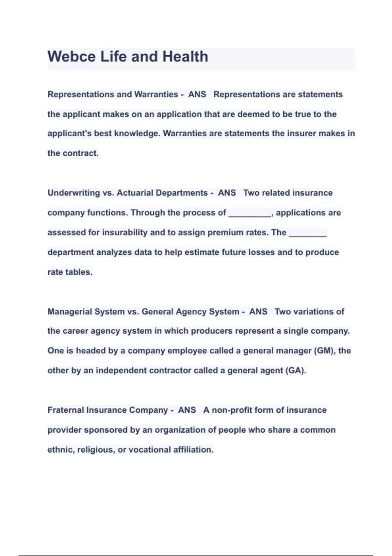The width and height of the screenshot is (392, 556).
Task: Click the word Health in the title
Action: point(185,57)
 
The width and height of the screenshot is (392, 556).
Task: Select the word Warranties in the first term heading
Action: point(156,95)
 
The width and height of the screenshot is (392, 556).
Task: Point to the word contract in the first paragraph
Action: point(80,153)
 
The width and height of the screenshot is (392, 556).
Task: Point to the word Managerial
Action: point(69,311)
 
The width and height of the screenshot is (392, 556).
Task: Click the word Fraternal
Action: point(65,410)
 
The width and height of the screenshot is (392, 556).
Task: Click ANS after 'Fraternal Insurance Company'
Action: point(187,410)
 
